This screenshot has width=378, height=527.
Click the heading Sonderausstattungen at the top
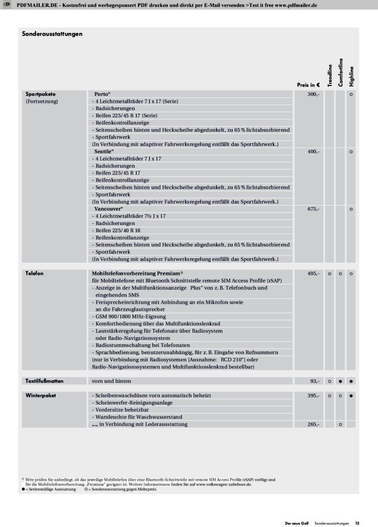pyautogui.click(x=53, y=34)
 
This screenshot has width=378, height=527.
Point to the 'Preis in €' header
pyautogui.click(x=308, y=85)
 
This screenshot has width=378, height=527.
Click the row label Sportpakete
pyautogui.click(x=41, y=94)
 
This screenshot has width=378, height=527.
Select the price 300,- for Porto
pyautogui.click(x=314, y=94)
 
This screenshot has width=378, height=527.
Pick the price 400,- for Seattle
pyautogui.click(x=314, y=152)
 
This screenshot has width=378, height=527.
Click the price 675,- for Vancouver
pyautogui.click(x=314, y=209)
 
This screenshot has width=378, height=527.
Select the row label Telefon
pyautogui.click(x=35, y=273)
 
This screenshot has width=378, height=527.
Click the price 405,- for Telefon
pyautogui.click(x=314, y=273)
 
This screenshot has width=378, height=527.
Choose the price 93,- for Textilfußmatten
pyautogui.click(x=315, y=381)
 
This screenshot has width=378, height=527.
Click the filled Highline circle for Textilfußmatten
pyautogui.click(x=351, y=381)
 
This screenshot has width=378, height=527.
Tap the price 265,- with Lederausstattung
pyautogui.click(x=314, y=424)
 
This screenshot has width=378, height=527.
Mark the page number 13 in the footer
pyautogui.click(x=357, y=523)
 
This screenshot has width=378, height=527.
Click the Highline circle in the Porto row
pyautogui.click(x=351, y=94)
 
